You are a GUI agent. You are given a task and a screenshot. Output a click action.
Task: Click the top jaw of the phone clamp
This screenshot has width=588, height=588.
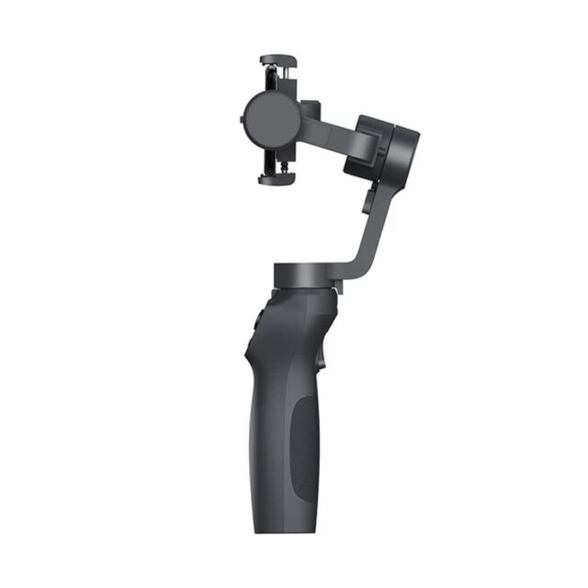(279, 60)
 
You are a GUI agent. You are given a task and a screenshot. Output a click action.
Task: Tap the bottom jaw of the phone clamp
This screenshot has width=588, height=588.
(279, 180)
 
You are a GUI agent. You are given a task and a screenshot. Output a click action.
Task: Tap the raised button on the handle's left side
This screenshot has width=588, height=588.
(256, 321)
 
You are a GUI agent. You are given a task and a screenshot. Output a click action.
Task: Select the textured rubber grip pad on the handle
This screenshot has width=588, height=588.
(303, 441)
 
